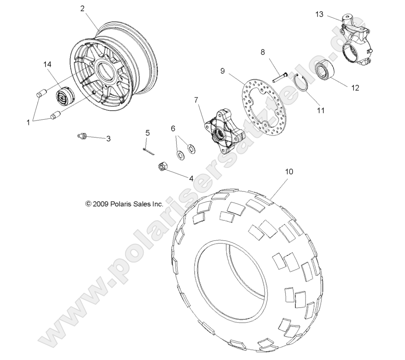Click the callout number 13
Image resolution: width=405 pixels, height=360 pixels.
point(319,14)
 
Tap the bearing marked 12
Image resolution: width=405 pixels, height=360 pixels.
point(326,71)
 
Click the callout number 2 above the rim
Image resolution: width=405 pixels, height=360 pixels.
point(83,8)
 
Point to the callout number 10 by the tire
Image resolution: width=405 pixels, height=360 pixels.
point(289,171)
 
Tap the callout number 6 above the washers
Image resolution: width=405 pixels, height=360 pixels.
point(173,129)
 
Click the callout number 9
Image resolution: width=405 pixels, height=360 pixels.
point(222,70)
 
